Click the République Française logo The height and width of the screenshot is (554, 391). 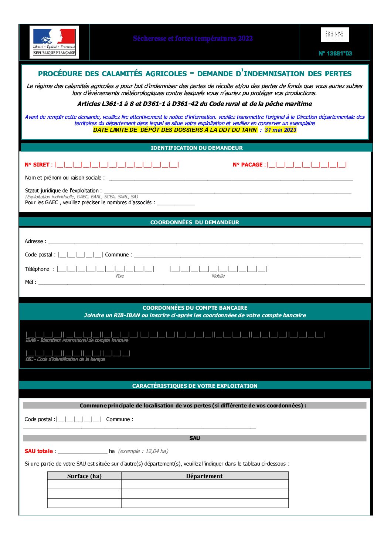click(54, 42)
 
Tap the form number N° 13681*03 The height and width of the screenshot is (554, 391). click(335, 53)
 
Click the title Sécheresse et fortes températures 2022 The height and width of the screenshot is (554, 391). click(193, 38)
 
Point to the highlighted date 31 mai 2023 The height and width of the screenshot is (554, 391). click(280, 130)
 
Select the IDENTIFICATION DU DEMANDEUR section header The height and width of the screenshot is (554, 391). click(197, 148)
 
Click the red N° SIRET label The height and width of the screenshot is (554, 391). click(37, 165)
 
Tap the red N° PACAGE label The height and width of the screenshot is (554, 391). click(248, 165)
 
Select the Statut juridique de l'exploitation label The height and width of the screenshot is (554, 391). click(63, 191)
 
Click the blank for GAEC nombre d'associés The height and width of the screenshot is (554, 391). click(176, 203)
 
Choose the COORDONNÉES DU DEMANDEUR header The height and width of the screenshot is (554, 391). click(195, 222)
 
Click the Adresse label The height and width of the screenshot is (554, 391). click(35, 241)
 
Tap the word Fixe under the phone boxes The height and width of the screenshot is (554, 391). click(120, 276)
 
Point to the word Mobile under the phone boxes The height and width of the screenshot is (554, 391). click(218, 276)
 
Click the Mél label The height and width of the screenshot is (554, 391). click(31, 282)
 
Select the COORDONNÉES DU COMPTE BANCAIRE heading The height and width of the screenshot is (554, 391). click(195, 308)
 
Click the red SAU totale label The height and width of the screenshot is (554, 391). click(39, 451)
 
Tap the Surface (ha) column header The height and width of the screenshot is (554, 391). click(84, 476)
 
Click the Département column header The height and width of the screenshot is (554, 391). click(204, 476)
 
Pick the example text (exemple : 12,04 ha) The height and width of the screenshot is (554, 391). click(143, 451)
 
